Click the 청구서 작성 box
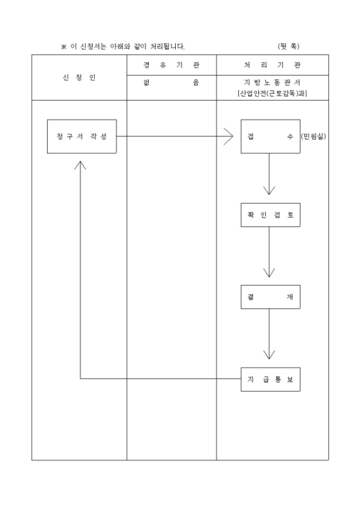82,137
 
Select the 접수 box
270,137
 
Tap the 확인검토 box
270,215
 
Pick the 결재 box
270,297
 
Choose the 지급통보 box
270,379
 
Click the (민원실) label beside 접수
313,137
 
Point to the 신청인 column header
79,77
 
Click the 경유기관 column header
171,65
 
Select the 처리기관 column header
272,65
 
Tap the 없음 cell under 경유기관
171,83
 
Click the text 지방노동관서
272,83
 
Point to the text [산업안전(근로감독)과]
272,93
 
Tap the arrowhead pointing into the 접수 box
229,137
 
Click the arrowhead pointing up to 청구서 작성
80,165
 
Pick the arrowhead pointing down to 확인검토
269,189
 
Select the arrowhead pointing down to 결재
269,272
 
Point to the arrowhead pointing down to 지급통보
269,353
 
